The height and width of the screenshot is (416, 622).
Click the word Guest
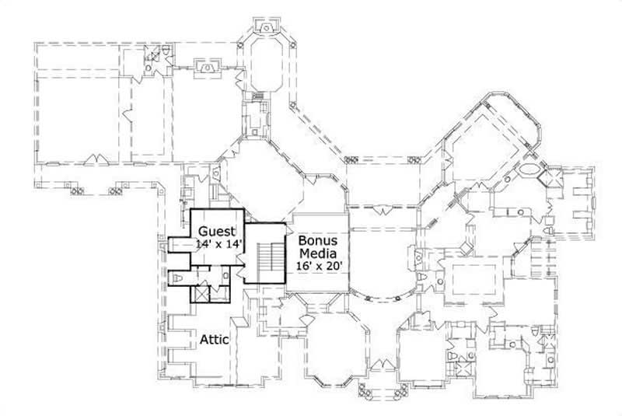(217, 232)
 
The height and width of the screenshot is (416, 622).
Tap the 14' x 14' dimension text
(219, 244)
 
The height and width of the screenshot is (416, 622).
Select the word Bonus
(317, 241)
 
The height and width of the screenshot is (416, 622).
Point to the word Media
(317, 253)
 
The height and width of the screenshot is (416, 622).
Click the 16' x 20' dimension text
(318, 266)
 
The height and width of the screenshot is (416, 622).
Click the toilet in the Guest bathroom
(176, 278)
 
